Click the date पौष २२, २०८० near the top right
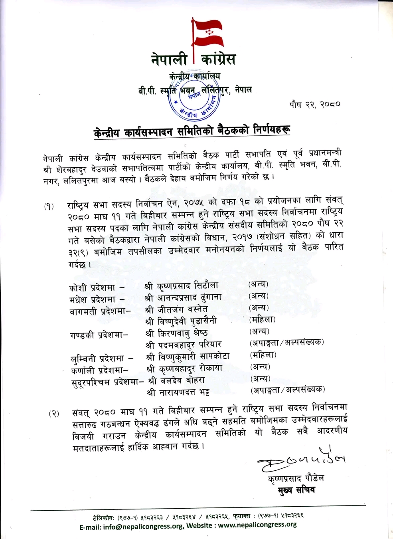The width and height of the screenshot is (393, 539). [315, 105]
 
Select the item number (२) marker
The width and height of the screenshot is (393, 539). [54, 414]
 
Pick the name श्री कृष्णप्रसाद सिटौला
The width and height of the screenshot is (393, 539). [182, 286]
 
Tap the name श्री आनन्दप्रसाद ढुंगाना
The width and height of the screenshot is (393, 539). [183, 298]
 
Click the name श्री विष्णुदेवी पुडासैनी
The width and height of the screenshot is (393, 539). [182, 321]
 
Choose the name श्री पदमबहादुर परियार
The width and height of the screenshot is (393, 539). [184, 345]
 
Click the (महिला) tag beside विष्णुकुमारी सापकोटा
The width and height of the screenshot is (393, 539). [263, 355]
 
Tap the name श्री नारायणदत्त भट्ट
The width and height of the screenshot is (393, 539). [178, 392]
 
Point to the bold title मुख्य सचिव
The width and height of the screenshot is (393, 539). [296, 490]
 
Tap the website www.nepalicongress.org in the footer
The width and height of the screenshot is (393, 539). [257, 525]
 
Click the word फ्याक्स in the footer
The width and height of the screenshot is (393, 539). [242, 516]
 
